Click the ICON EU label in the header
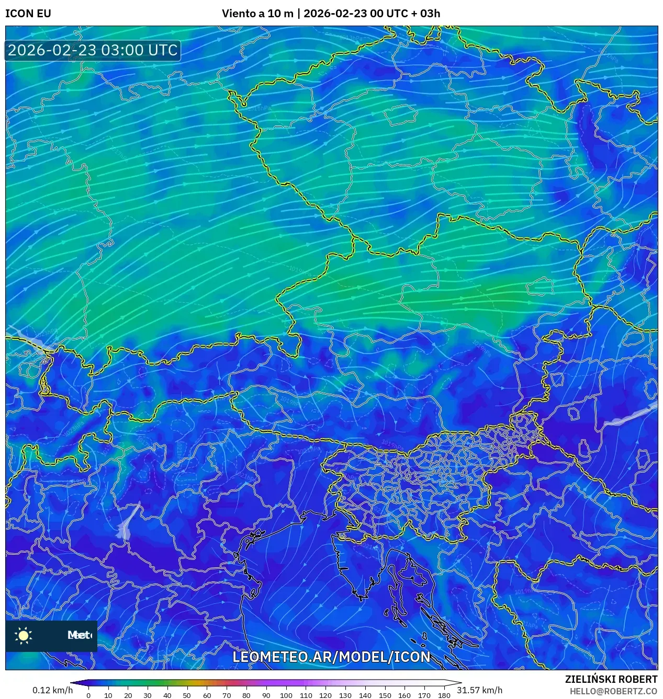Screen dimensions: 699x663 pos(28,13)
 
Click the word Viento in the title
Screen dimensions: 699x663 pos(238,13)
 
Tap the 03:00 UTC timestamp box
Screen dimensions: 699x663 pos(93,50)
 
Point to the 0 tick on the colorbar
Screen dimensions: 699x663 pos(88,695)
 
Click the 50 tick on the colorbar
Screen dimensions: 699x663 pos(187,695)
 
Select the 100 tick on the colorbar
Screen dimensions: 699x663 pos(286,695)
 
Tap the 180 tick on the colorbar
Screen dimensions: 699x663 pos(444,695)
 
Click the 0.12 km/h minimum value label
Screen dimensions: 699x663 pos(52,690)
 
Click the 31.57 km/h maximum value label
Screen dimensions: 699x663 pos(479,690)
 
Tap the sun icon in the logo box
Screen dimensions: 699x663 pos(24,635)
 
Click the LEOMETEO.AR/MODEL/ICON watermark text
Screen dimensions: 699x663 pos(331,657)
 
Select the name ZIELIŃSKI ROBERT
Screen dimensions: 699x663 pos(611,679)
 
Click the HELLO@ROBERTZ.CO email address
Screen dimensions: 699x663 pos(613,691)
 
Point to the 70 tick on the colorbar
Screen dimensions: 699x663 pos(227,695)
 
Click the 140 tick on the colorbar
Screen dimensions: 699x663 pos(365,695)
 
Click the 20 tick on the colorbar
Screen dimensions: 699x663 pos(128,695)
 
